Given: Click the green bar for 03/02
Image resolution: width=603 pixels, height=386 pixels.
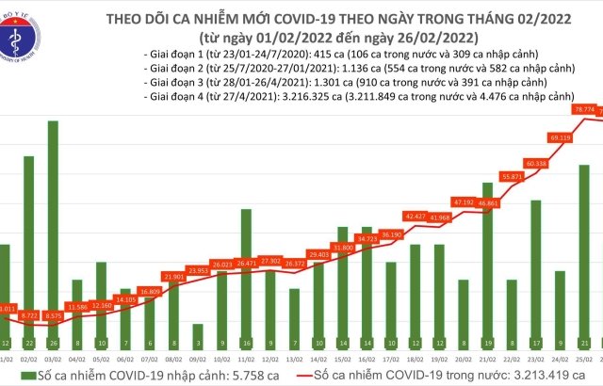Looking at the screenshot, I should [x=52, y=235].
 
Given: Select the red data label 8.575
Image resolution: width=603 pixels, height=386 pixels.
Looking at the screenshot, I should [x=53, y=316].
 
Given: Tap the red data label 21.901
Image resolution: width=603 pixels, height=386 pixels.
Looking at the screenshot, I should [x=173, y=277].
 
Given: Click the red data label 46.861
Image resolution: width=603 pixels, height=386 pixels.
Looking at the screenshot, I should [x=488, y=201].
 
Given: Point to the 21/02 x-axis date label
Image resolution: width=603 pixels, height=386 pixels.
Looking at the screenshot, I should [x=487, y=359].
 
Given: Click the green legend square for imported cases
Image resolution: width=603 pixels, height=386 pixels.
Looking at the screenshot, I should [x=15, y=377].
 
